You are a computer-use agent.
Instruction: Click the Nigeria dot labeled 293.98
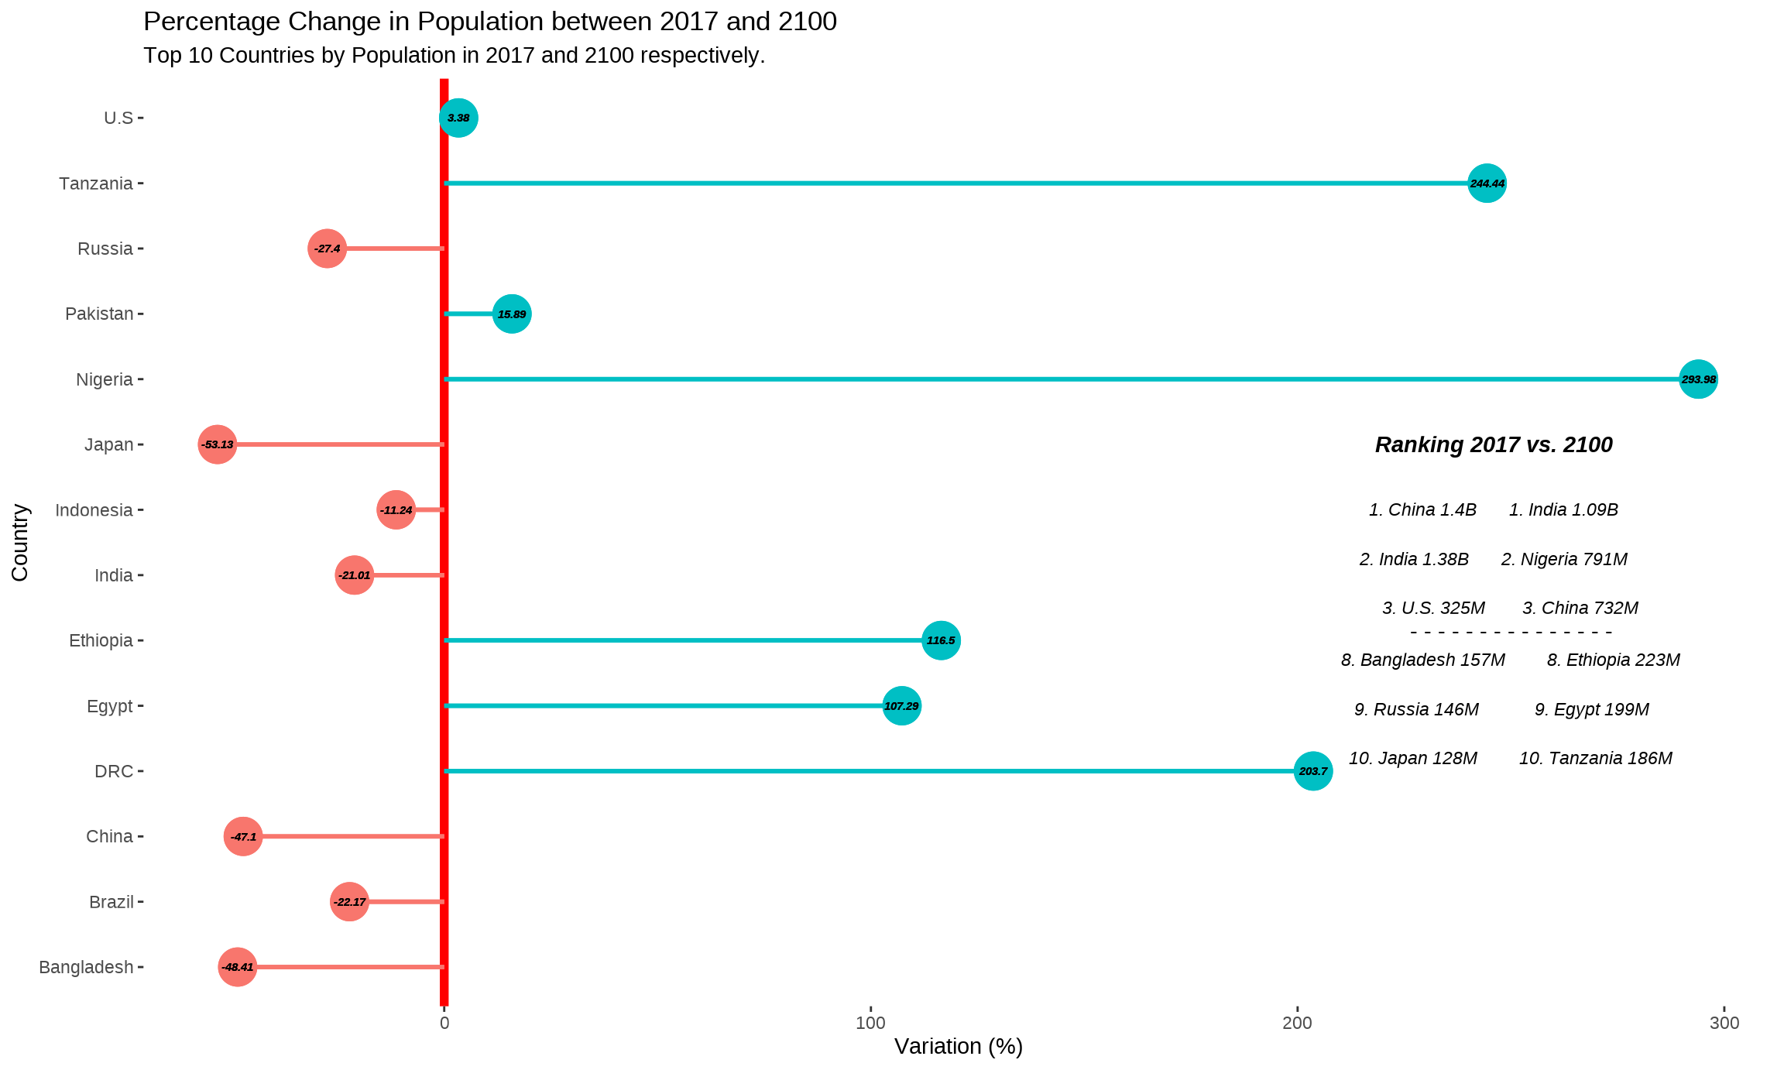pos(1698,379)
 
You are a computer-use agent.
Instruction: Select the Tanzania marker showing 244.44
pos(1487,183)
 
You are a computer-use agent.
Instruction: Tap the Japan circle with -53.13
pos(217,444)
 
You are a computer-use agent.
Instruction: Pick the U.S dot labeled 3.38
pos(458,118)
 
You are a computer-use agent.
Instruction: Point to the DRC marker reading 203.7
pos(1313,771)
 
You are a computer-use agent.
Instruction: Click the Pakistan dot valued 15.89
pos(512,314)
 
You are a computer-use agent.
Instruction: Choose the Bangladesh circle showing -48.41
pos(237,967)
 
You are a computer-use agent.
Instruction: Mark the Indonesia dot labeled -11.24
pos(396,509)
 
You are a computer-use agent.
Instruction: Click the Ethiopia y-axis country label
pos(101,640)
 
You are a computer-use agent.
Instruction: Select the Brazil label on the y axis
pos(111,902)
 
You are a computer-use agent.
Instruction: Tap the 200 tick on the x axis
pos(1297,1023)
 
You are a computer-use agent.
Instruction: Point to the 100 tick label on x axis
pos(870,1023)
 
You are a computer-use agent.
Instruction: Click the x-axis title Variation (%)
pos(958,1047)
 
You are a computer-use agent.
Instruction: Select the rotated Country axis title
pos(20,542)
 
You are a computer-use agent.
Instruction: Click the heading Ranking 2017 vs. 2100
pos(1493,444)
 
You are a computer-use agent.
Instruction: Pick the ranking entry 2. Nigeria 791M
pos(1563,559)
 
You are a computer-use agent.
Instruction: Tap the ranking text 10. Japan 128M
pos(1412,758)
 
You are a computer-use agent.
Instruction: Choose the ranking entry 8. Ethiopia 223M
pos(1613,660)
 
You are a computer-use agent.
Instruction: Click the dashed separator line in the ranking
pos(1511,633)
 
